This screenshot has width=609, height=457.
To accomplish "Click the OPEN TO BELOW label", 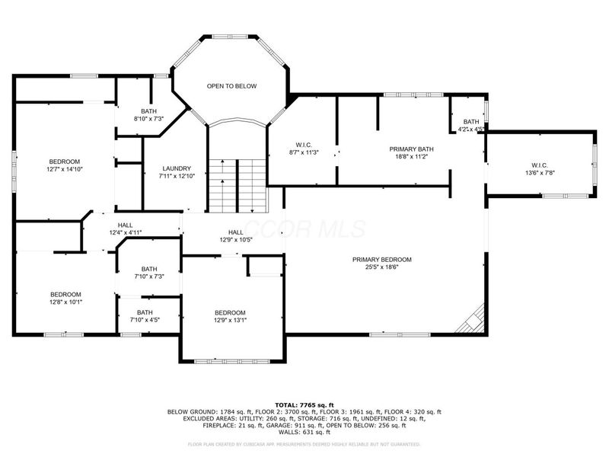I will (x=231, y=86).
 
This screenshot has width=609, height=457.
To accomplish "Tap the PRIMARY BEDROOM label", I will (x=381, y=259).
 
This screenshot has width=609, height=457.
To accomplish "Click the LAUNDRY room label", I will (x=177, y=168).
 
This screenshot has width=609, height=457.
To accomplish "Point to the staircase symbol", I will (x=238, y=187).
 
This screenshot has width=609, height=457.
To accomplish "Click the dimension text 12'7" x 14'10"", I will (x=65, y=169).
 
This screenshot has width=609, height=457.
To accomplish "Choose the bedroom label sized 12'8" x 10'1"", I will (x=65, y=294).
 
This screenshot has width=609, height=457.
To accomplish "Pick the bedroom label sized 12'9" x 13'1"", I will (x=230, y=313).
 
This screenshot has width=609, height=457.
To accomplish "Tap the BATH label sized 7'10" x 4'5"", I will (x=145, y=312).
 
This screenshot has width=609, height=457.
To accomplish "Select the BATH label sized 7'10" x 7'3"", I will (x=148, y=269).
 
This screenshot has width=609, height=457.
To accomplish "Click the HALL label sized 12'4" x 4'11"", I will (x=125, y=225).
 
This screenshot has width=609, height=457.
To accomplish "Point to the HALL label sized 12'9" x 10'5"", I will (x=235, y=232).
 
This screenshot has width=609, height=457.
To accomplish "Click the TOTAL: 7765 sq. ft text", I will (x=304, y=404).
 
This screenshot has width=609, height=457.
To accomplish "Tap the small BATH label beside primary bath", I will (x=472, y=121).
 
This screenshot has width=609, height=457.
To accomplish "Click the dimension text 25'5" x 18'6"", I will (x=381, y=267).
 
